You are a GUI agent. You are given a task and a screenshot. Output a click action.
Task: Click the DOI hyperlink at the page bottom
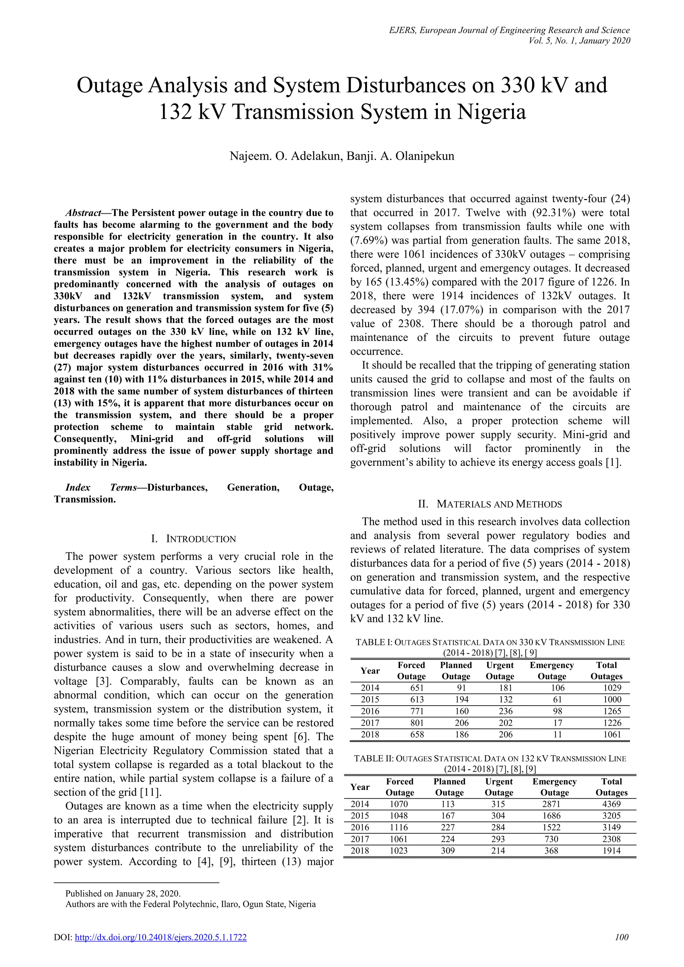pos(160,937)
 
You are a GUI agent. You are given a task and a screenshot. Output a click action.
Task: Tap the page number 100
pos(621,937)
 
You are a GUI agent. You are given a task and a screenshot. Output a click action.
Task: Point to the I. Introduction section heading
pos(193,539)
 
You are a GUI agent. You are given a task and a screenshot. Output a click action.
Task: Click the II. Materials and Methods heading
pos(490,504)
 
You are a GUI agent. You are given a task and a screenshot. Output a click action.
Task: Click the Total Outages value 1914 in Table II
pos(611,850)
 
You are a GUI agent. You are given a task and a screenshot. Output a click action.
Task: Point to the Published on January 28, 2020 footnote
pos(123,893)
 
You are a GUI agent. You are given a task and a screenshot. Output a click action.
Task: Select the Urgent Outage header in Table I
pos(500,670)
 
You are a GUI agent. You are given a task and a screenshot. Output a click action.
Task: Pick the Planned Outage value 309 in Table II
pos(448,850)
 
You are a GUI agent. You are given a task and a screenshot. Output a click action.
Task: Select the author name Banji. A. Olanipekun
pos(400,156)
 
